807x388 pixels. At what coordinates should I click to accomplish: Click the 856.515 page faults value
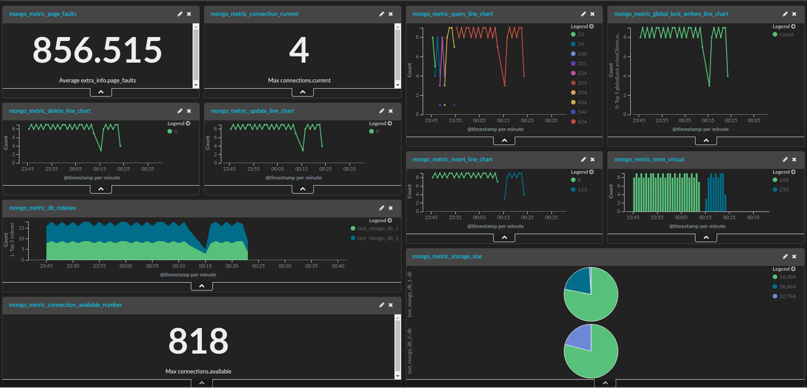(x=97, y=50)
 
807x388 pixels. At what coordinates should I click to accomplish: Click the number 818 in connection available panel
(x=198, y=341)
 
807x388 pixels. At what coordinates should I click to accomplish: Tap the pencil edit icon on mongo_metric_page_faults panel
(x=180, y=14)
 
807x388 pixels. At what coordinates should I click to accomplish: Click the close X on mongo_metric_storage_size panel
(x=794, y=257)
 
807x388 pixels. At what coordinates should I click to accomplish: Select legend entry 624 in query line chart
(x=582, y=122)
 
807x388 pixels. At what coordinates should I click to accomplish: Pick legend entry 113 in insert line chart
(x=582, y=190)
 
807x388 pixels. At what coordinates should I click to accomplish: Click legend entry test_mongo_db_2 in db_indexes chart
(x=377, y=238)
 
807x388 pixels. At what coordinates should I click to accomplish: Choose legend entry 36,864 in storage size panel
(x=787, y=287)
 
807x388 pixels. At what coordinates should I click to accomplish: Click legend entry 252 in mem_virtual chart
(x=784, y=190)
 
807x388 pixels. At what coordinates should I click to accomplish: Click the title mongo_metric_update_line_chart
(x=252, y=111)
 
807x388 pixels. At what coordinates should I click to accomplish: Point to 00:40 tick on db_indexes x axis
(x=338, y=266)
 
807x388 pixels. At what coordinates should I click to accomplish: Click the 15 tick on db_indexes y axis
(x=21, y=228)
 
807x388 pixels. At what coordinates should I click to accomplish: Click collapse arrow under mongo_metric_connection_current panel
(x=302, y=92)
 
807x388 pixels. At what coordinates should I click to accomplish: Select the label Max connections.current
(x=299, y=80)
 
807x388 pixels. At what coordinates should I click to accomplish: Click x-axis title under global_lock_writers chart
(x=700, y=129)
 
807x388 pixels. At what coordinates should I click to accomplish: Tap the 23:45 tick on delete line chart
(x=27, y=169)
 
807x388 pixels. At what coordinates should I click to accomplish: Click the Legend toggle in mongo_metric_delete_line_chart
(x=179, y=123)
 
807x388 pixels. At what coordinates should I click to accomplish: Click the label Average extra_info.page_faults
(x=97, y=80)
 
